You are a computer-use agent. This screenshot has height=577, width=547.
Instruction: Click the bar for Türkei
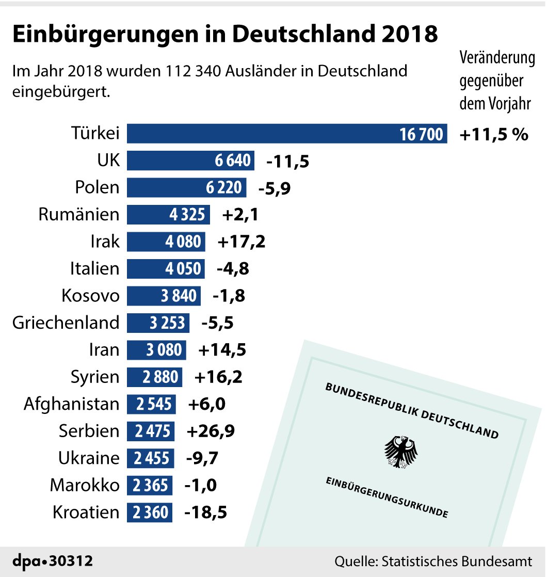[286, 134]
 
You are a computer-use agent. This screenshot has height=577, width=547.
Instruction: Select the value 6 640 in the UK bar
[233, 161]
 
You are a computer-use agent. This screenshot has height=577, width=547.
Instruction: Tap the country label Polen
[97, 187]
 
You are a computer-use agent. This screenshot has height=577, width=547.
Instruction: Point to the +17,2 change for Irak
[242, 242]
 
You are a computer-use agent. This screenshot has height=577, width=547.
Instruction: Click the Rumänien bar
[168, 214]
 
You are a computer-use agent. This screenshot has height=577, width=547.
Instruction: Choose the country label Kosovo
[90, 296]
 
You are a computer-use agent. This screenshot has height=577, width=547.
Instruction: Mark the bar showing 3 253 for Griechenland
[158, 323]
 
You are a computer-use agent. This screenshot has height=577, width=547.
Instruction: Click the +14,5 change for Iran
[222, 350]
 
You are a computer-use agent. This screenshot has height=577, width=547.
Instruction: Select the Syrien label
[95, 377]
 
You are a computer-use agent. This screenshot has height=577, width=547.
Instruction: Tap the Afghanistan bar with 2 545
[151, 404]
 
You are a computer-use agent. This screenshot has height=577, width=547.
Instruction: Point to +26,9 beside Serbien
[211, 431]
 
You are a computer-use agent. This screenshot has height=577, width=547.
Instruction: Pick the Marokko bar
[150, 485]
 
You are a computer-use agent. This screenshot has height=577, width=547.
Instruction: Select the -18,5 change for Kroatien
[206, 512]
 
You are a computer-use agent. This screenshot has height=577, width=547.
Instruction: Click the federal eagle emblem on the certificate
[401, 452]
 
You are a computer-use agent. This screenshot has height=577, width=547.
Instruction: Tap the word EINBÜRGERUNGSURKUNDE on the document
[386, 498]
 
